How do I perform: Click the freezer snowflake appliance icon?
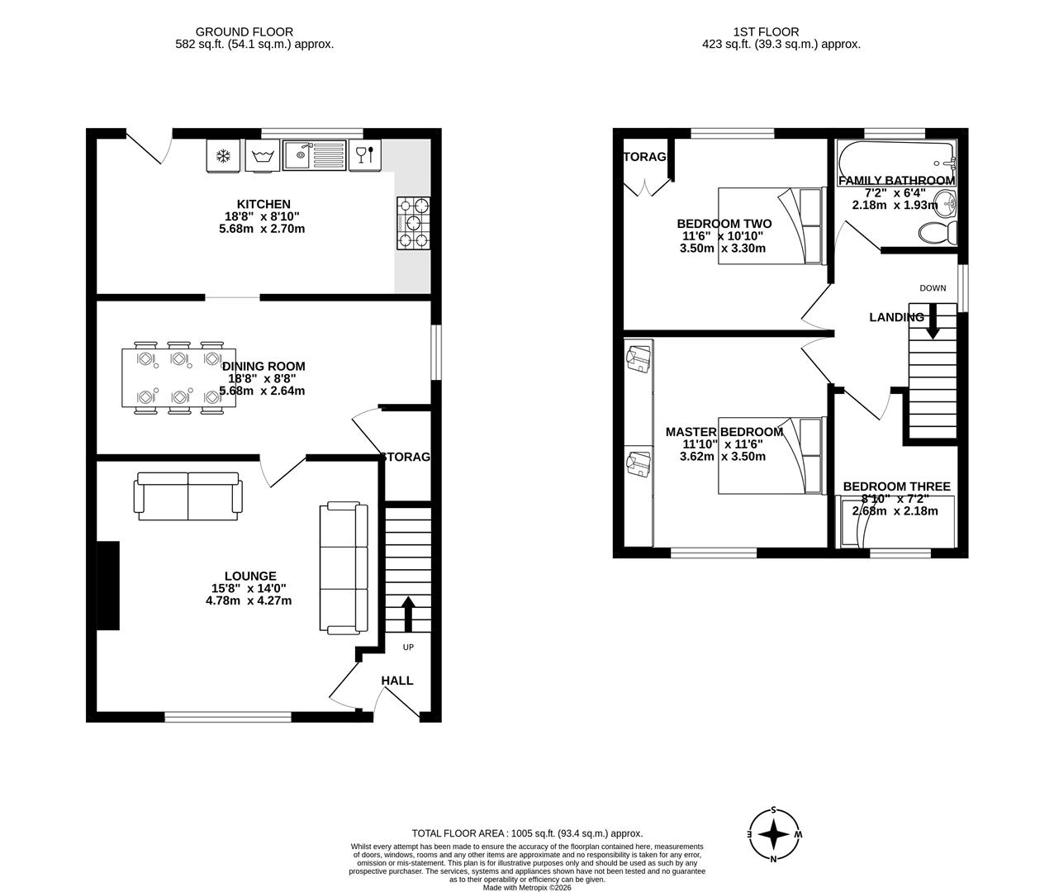pyautogui.click(x=222, y=155)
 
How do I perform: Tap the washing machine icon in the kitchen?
pyautogui.click(x=263, y=155)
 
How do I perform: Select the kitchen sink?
pyautogui.click(x=313, y=154)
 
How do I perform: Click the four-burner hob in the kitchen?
pyautogui.click(x=414, y=223)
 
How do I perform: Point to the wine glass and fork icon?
pyautogui.click(x=364, y=154)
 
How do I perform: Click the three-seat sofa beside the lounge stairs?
pyautogui.click(x=344, y=567)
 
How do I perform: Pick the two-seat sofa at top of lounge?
pyautogui.click(x=189, y=496)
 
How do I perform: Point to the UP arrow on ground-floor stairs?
pyautogui.click(x=408, y=613)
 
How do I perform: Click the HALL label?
pyautogui.click(x=397, y=681)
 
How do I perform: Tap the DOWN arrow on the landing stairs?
pyautogui.click(x=933, y=321)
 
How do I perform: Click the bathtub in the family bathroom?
pyautogui.click(x=896, y=155)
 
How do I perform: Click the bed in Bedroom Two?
pyautogui.click(x=772, y=225)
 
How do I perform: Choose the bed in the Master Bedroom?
pyautogui.click(x=772, y=456)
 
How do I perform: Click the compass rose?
pyautogui.click(x=773, y=835)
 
